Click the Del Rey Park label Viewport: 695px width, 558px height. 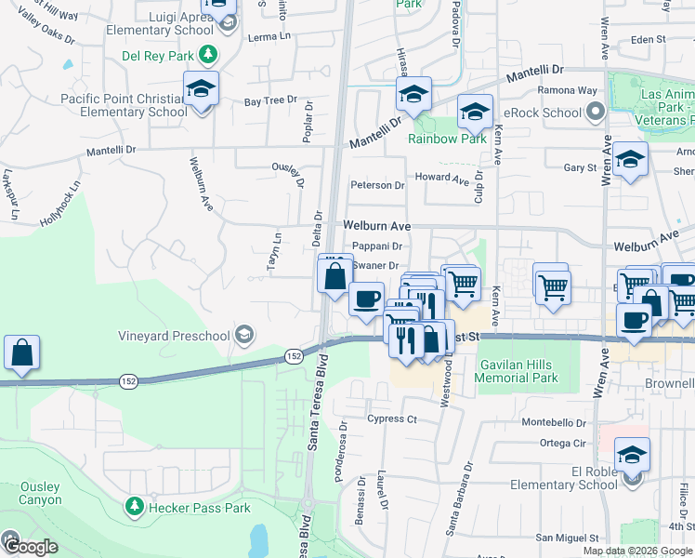pos(159,54)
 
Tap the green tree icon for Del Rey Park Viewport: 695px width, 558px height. pos(208,54)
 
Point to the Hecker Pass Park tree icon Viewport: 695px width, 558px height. pos(135,508)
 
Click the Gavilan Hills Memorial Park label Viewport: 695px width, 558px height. pos(517,372)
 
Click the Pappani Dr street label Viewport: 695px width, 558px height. pos(377,246)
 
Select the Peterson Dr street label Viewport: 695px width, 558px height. pos(377,185)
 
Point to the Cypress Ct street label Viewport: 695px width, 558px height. pos(391,418)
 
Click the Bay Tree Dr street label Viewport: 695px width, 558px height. pos(270,100)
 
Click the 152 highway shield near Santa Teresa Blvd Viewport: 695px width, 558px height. pos(294,356)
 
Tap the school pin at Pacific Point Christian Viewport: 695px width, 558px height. pos(201,89)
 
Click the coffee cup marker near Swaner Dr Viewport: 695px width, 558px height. pos(366,299)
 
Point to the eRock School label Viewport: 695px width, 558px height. pos(549,113)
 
